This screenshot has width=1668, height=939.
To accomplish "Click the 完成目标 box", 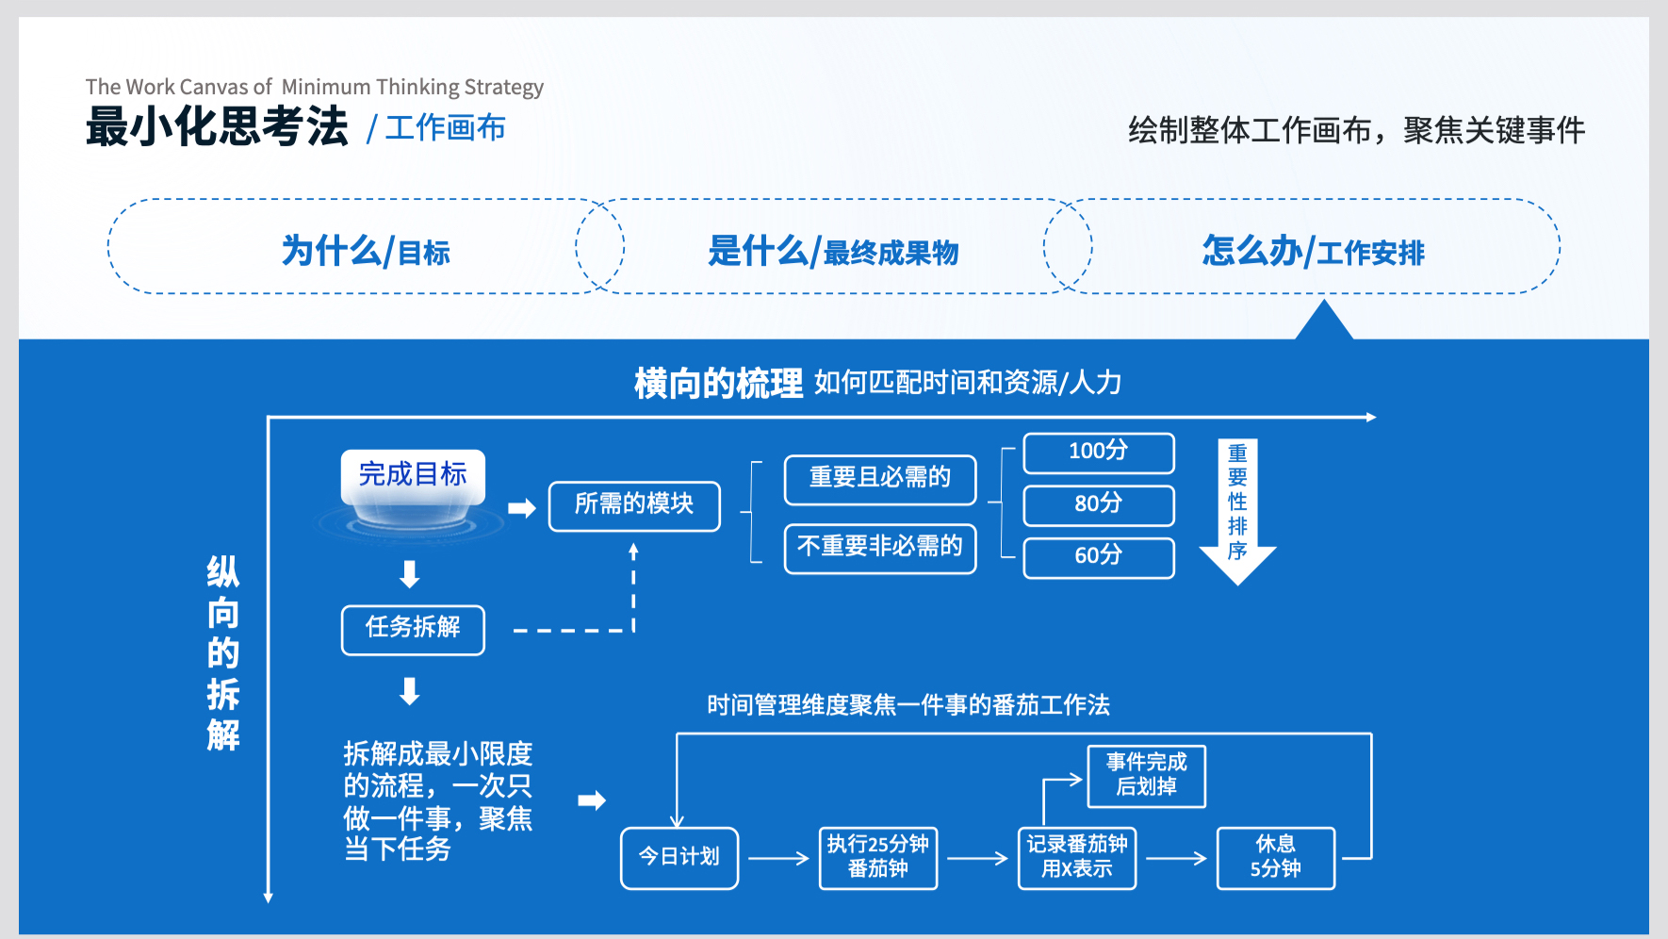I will click(413, 475).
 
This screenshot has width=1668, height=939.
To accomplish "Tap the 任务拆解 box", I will click(413, 630).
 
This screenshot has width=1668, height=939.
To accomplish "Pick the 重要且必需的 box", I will click(880, 479).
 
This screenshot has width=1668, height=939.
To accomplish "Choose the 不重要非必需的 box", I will click(880, 549).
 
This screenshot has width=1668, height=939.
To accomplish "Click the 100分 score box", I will click(1099, 453).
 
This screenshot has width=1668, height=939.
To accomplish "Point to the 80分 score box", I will click(1099, 505).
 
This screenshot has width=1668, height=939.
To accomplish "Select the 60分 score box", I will click(1099, 557).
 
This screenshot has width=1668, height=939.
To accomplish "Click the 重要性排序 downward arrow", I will click(1237, 509).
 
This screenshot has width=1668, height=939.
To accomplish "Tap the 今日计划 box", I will click(679, 858).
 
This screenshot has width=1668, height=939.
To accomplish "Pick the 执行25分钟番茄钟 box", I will click(878, 858).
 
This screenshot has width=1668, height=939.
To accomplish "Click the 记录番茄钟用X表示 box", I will click(1077, 858).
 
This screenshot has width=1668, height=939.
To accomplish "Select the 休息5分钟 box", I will click(1276, 858).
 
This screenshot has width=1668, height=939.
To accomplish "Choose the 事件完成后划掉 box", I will click(1147, 776).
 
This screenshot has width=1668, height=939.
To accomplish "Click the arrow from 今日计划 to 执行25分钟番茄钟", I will click(779, 858).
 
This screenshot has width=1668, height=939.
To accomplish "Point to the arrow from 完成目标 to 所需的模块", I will click(521, 509).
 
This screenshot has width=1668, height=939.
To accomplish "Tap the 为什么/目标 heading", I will click(366, 252).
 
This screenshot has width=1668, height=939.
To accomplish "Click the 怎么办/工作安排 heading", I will click(1313, 252).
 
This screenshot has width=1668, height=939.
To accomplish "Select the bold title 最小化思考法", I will click(217, 127).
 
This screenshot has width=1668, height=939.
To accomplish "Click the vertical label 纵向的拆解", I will click(223, 653).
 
